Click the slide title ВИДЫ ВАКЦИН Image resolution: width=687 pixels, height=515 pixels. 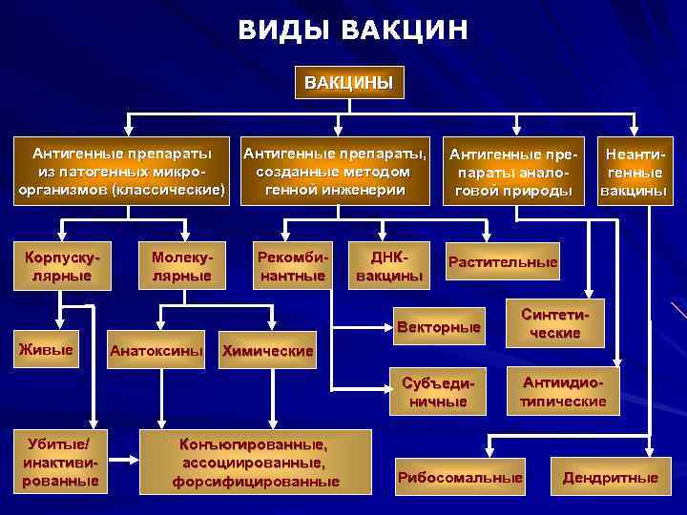(x=353, y=31)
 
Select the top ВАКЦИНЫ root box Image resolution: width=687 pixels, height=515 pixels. (x=348, y=81)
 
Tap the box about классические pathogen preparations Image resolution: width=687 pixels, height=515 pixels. (x=122, y=171)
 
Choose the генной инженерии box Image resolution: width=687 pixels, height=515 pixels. (x=335, y=171)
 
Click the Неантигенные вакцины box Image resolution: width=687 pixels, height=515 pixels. (x=634, y=172)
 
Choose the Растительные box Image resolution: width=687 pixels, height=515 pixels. (x=502, y=262)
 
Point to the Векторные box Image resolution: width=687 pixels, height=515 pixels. (x=438, y=327)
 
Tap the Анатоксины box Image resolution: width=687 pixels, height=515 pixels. (x=156, y=351)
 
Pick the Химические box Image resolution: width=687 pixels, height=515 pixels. (x=267, y=351)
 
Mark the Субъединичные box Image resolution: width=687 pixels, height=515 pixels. (x=438, y=392)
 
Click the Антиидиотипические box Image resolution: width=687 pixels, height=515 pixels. (x=562, y=392)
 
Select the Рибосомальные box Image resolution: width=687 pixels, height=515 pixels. (x=460, y=477)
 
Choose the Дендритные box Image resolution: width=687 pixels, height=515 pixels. (x=610, y=477)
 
